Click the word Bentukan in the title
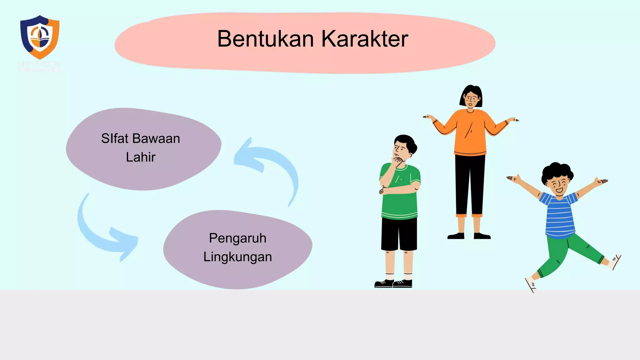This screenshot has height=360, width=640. (265, 39)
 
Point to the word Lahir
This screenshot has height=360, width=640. (141, 157)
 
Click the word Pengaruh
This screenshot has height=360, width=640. (237, 238)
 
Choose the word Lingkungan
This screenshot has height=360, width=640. (237, 257)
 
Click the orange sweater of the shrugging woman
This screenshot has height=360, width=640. (470, 131)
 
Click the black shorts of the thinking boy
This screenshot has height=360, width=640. (399, 234)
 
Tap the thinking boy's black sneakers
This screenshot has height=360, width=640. (393, 283)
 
